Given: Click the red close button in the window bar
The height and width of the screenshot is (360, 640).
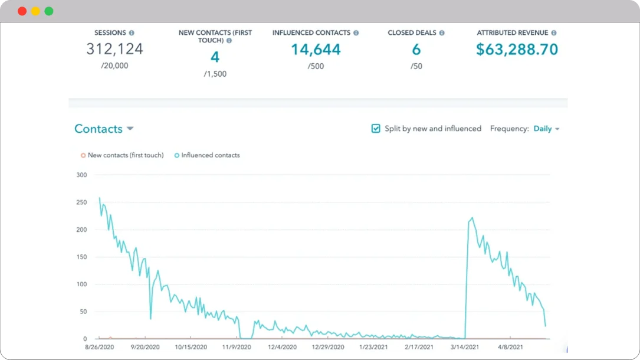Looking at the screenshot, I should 22,11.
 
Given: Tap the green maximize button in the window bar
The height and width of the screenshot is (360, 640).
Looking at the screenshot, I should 49,11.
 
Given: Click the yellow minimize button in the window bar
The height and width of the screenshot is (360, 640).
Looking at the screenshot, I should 35,11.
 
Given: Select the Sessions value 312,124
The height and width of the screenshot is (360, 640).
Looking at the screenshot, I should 114,49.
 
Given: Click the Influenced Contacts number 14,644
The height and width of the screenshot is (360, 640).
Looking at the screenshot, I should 316,50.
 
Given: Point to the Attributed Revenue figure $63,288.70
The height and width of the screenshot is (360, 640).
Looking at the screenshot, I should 517,50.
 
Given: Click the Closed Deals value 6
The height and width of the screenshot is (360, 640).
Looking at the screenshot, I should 416,50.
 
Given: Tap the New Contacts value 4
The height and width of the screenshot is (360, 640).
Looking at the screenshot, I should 215,57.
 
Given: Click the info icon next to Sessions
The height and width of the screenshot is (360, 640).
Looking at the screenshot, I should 132,33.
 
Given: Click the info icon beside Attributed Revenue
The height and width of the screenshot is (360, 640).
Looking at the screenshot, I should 554,33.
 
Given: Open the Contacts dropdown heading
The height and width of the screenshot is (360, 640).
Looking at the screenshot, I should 104,129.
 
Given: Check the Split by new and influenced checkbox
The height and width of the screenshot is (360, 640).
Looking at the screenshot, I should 376,129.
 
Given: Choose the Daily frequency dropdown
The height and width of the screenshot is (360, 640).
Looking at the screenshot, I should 546,129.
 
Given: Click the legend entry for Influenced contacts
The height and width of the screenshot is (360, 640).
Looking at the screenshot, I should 207,155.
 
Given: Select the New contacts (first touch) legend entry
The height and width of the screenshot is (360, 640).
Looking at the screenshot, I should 122,155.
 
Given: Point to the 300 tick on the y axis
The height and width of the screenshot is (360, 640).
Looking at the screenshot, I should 81,175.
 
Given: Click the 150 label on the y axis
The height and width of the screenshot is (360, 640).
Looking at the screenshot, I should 81,257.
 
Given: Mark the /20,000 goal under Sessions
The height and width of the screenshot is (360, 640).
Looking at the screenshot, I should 114,66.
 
